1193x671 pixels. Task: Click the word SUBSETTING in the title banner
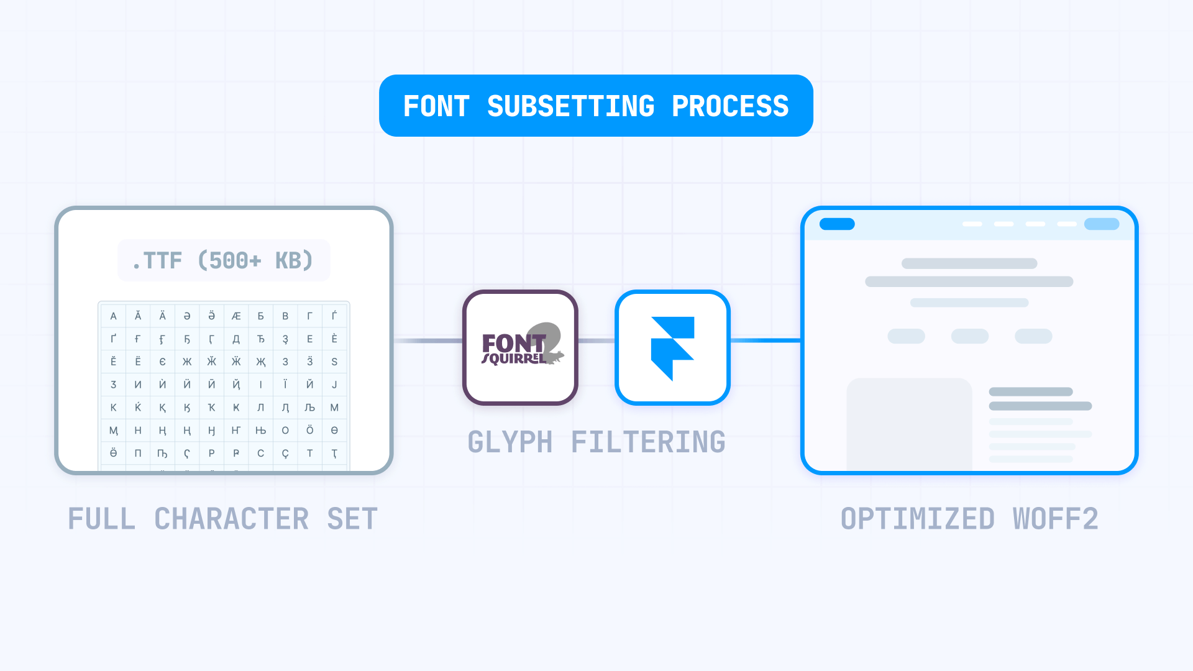(570, 106)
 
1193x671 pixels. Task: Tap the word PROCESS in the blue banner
(730, 106)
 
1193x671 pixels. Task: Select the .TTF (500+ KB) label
(223, 260)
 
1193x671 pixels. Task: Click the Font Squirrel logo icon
(520, 347)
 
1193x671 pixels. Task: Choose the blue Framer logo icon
(672, 347)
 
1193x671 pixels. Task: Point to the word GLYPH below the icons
(510, 442)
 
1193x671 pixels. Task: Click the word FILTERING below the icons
(647, 442)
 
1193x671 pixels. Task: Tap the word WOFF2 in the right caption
(1055, 519)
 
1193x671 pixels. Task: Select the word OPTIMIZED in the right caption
(917, 519)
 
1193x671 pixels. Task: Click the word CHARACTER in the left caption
(231, 519)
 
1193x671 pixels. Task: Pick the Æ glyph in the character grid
(236, 316)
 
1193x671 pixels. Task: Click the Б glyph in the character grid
(260, 316)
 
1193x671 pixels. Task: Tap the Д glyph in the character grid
(236, 339)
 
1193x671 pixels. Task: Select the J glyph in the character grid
(334, 385)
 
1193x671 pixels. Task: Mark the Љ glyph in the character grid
(309, 408)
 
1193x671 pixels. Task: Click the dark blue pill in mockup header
(837, 224)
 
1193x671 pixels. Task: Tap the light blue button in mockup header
(1101, 224)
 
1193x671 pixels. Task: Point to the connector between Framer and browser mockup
(765, 340)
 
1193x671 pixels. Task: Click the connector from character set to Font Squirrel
(428, 340)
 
